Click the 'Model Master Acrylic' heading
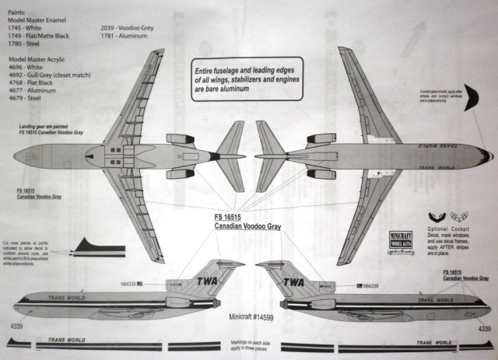click(41, 60)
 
